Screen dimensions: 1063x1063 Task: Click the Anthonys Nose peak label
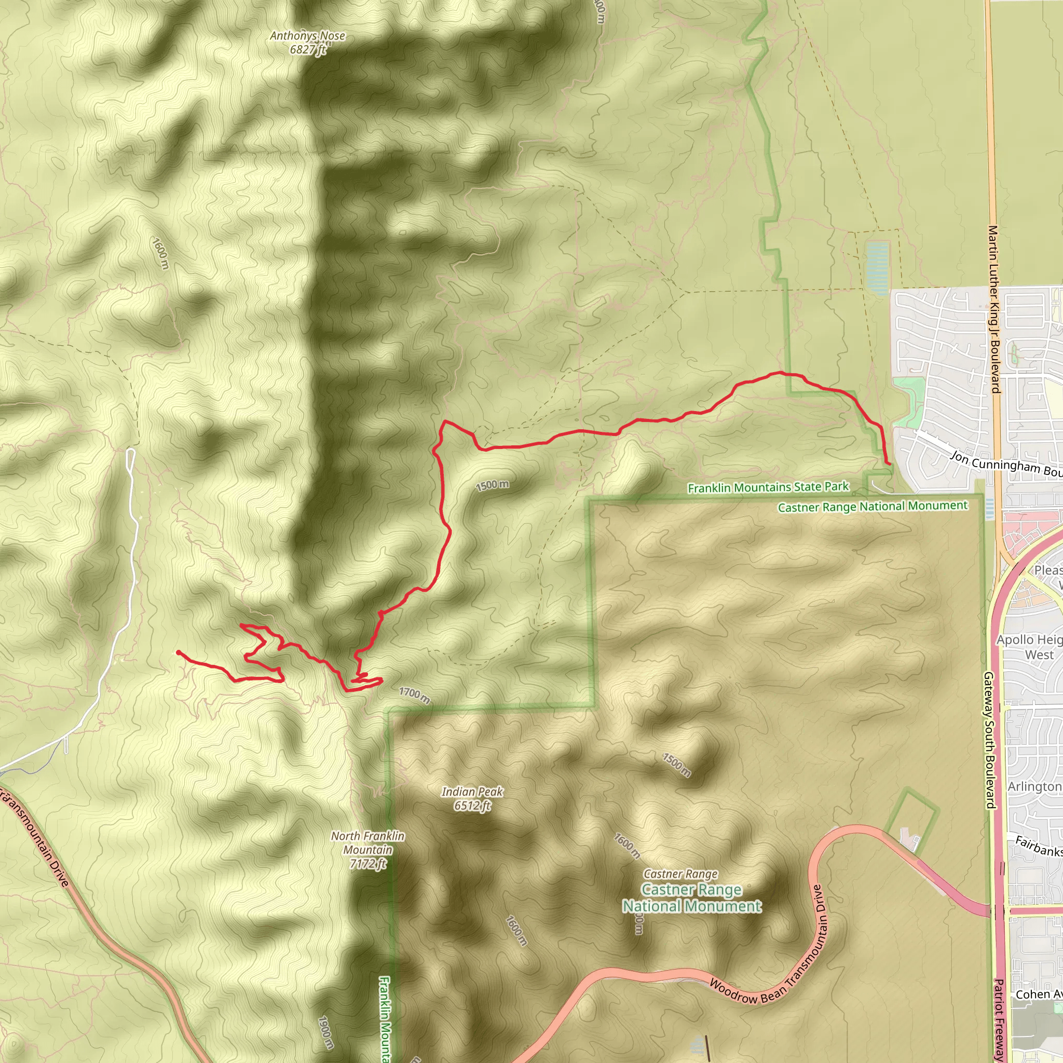pos(308,43)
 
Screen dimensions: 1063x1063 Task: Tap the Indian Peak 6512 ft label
pos(472,798)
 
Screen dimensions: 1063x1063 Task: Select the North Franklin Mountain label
pos(367,850)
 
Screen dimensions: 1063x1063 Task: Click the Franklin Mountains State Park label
pos(768,487)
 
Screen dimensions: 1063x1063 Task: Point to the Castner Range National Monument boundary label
pos(872,506)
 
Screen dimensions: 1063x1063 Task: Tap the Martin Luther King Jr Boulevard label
pos(993,309)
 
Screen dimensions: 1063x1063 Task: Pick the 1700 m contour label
pos(414,695)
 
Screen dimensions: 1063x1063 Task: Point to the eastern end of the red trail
pos(889,465)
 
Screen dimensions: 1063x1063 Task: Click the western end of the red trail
pos(178,652)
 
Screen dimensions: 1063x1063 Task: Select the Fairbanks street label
pos(1038,846)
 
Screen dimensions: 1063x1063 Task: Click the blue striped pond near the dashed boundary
pos(877,265)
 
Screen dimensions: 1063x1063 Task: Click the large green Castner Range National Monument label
pos(691,897)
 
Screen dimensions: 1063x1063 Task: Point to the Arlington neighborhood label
pos(1034,787)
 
